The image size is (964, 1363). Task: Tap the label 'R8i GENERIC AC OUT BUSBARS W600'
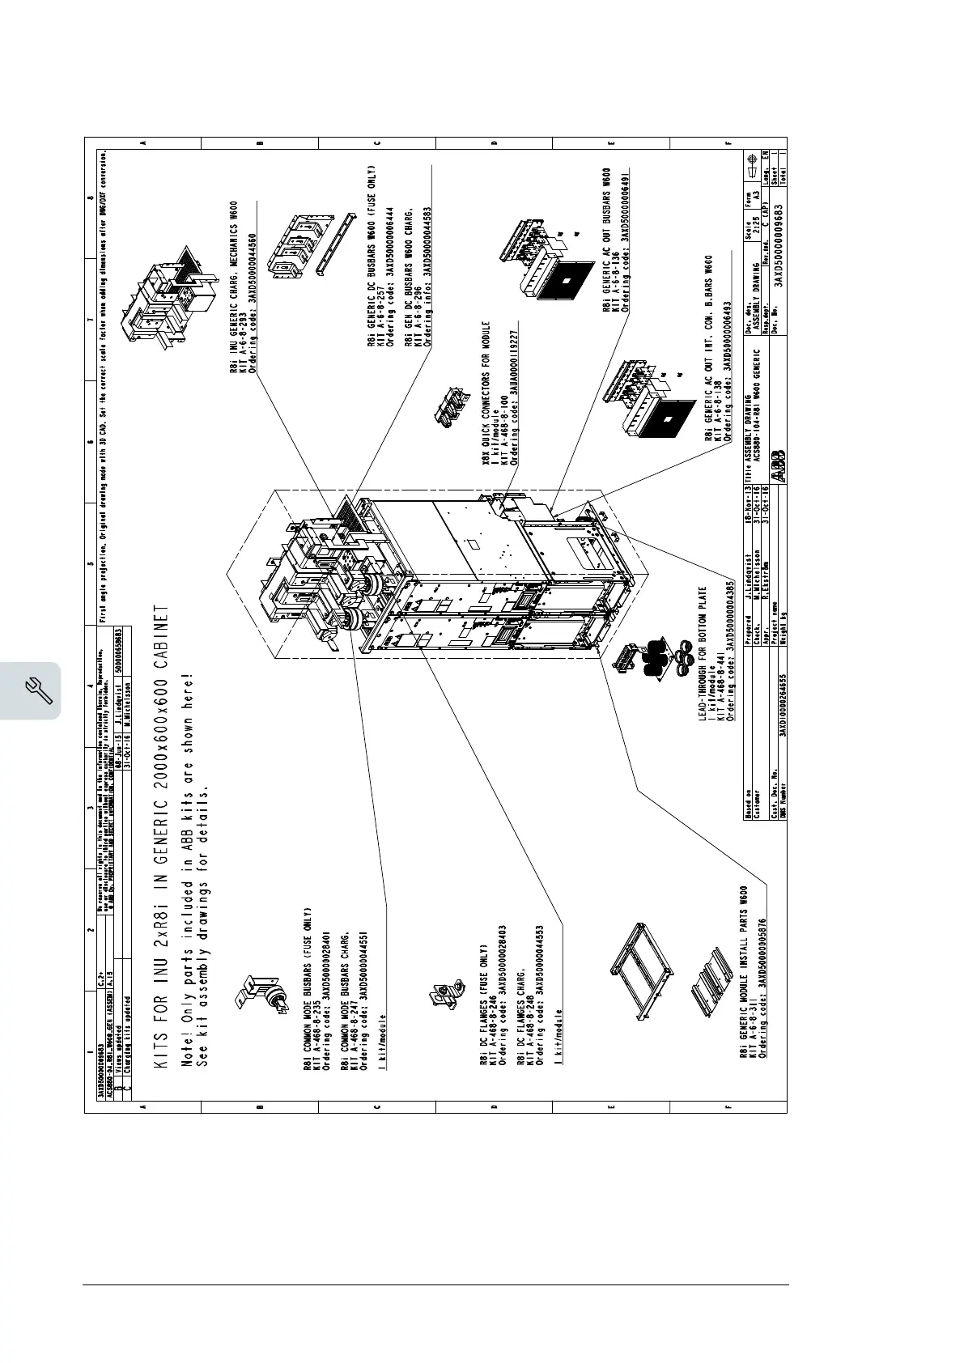[x=607, y=240]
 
